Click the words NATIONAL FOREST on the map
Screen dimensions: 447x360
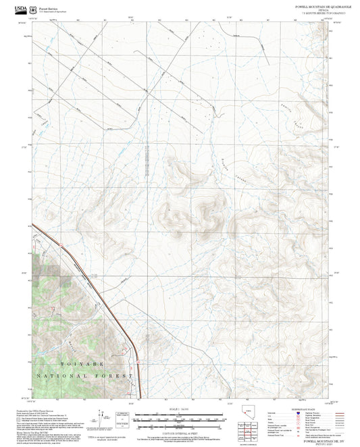tap(84, 375)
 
